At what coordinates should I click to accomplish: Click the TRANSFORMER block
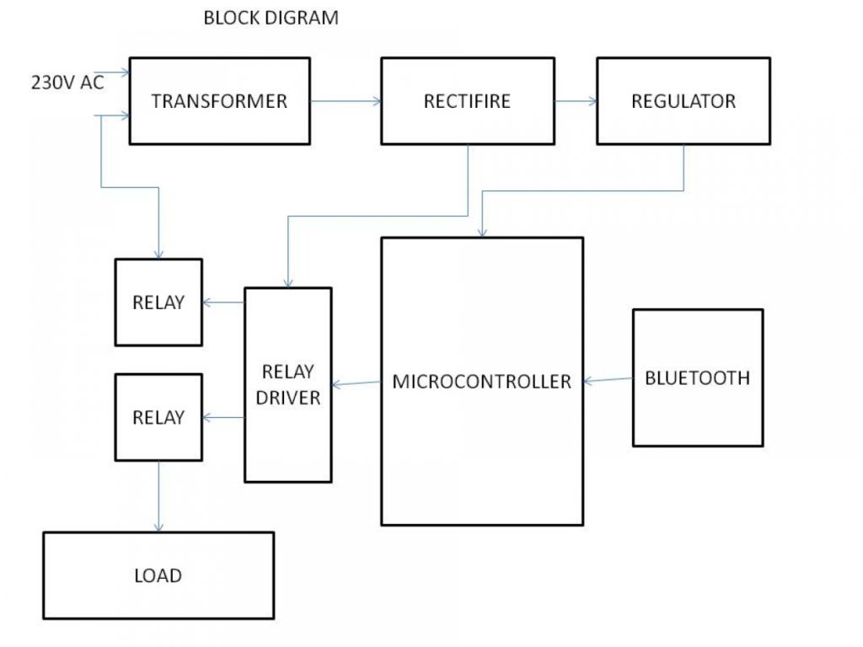(x=219, y=101)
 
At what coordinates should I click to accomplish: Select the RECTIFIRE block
(x=467, y=101)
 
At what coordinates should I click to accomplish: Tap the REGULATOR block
(x=683, y=101)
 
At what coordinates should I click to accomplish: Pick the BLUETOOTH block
(x=698, y=377)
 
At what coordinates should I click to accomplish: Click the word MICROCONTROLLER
(x=482, y=382)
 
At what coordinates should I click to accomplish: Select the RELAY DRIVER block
(x=288, y=385)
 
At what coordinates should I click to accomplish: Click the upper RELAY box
(x=158, y=302)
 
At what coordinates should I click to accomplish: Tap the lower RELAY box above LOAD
(x=158, y=417)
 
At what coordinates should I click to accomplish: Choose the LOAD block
(x=158, y=576)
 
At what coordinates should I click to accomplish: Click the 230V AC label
(x=67, y=83)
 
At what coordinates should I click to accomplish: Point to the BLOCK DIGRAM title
(x=271, y=18)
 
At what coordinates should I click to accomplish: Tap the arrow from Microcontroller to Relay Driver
(x=356, y=384)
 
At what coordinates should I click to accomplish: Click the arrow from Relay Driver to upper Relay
(x=223, y=302)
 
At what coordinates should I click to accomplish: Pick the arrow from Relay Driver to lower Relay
(x=223, y=417)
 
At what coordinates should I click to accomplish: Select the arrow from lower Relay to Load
(x=158, y=497)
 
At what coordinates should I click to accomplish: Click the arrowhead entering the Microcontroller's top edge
(x=481, y=232)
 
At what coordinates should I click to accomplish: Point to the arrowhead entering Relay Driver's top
(x=288, y=282)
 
